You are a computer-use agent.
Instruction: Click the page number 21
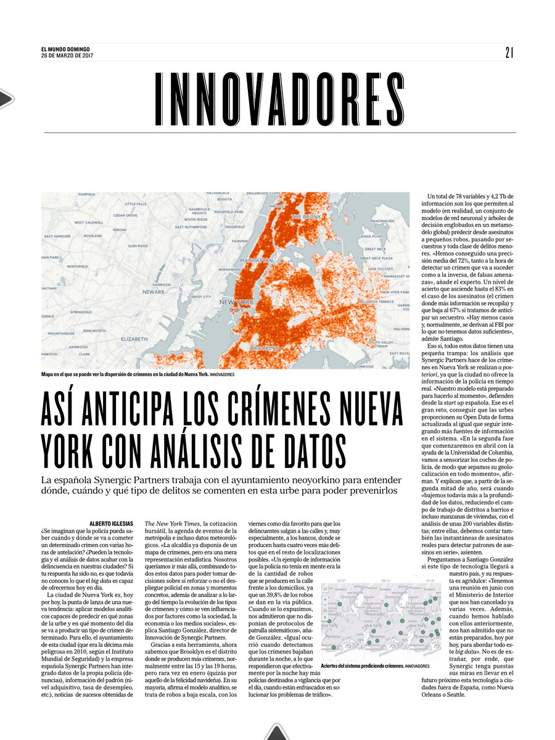click(x=509, y=53)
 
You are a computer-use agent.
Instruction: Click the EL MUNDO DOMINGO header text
click(x=63, y=50)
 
